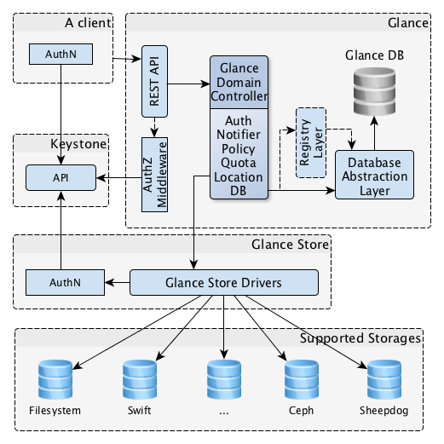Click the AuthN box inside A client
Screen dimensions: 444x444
click(60, 54)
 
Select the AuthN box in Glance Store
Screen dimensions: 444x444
click(60, 281)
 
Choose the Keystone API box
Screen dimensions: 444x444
click(60, 177)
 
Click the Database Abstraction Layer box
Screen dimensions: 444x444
click(373, 176)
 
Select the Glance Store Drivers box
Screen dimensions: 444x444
click(223, 281)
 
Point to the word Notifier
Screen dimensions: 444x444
click(239, 134)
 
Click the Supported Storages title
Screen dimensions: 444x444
click(361, 338)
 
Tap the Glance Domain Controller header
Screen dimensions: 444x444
click(239, 82)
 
